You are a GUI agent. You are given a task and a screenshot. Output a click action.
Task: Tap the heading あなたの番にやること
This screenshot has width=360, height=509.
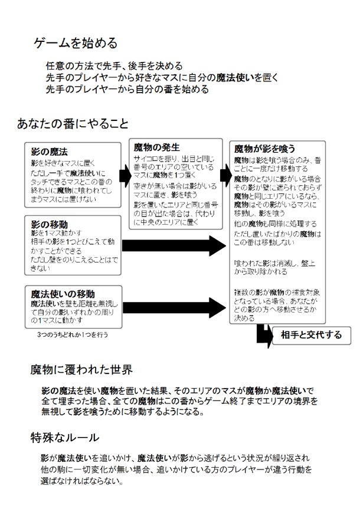point(73,124)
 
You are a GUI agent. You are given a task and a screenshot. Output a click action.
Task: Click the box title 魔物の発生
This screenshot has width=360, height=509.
point(156,147)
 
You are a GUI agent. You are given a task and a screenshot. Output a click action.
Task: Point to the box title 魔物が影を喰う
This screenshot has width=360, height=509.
point(265,149)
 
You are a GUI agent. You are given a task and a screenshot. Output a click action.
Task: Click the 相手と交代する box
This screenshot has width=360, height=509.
point(310,335)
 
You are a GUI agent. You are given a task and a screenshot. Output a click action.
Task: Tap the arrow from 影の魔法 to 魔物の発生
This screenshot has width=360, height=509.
point(125,175)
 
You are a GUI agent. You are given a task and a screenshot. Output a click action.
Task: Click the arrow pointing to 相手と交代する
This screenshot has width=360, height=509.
point(264,335)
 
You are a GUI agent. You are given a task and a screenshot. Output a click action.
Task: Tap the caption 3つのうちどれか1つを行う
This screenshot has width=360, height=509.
point(71,334)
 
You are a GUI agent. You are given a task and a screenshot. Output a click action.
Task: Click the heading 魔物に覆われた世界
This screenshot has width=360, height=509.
point(81,370)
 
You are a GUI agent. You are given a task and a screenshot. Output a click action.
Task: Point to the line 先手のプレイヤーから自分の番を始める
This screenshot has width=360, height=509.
point(127,90)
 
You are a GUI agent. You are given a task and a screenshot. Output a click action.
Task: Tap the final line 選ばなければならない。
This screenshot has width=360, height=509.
point(82,481)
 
